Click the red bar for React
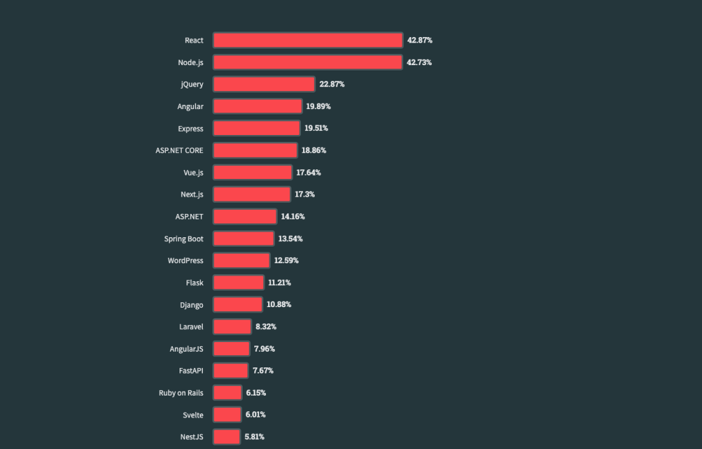click(x=307, y=40)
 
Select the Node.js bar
click(x=307, y=62)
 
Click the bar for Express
click(x=256, y=128)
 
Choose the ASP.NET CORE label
click(x=180, y=150)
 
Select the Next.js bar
click(x=252, y=195)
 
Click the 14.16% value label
click(x=293, y=217)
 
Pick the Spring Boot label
click(x=184, y=239)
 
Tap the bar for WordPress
click(x=241, y=260)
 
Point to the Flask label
click(x=194, y=282)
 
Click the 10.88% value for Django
click(x=278, y=304)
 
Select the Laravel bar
click(x=232, y=326)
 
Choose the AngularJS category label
click(x=186, y=349)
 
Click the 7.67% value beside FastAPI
click(x=263, y=371)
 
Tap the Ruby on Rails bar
click(x=228, y=393)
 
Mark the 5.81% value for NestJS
click(x=254, y=437)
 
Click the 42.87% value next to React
click(x=420, y=40)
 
